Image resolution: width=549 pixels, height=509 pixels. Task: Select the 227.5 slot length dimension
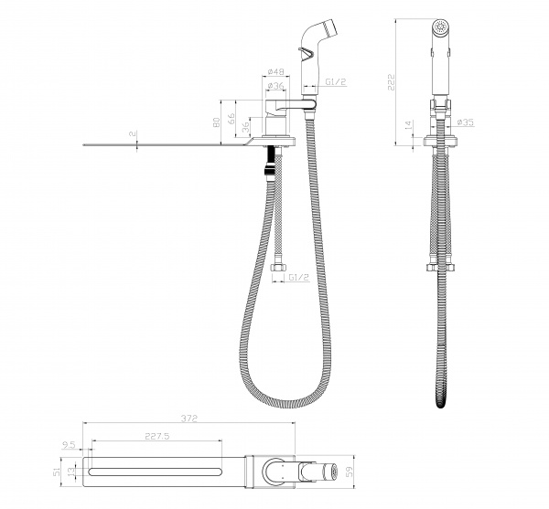click(x=156, y=436)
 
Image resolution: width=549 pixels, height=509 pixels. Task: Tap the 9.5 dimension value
click(x=69, y=445)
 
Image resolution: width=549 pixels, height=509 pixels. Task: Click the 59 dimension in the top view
click(x=350, y=471)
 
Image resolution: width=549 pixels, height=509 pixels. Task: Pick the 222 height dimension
click(x=391, y=82)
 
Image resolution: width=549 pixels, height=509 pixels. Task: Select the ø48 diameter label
click(x=275, y=71)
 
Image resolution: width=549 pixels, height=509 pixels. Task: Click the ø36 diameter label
click(x=275, y=85)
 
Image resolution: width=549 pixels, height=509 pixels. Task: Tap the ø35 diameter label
click(x=466, y=122)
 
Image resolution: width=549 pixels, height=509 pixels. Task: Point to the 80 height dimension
click(x=217, y=122)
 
